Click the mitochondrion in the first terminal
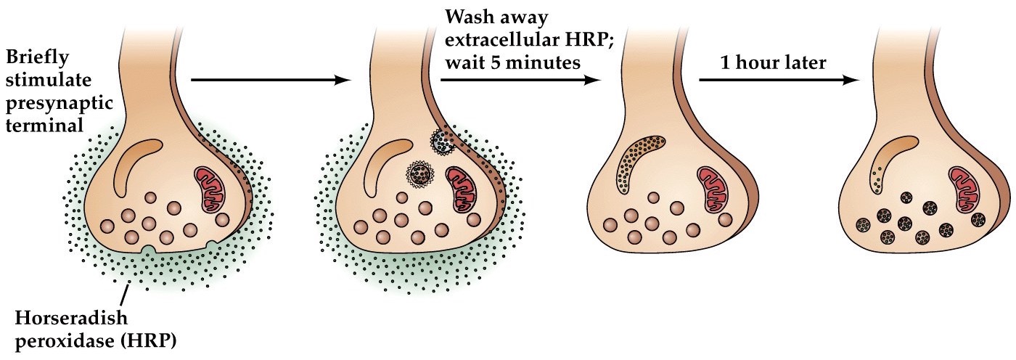pos(211,189)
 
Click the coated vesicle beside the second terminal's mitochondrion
pos(419,174)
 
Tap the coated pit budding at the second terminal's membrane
pos(441,140)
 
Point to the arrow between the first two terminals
pos(269,81)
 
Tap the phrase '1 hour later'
pos(773,62)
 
